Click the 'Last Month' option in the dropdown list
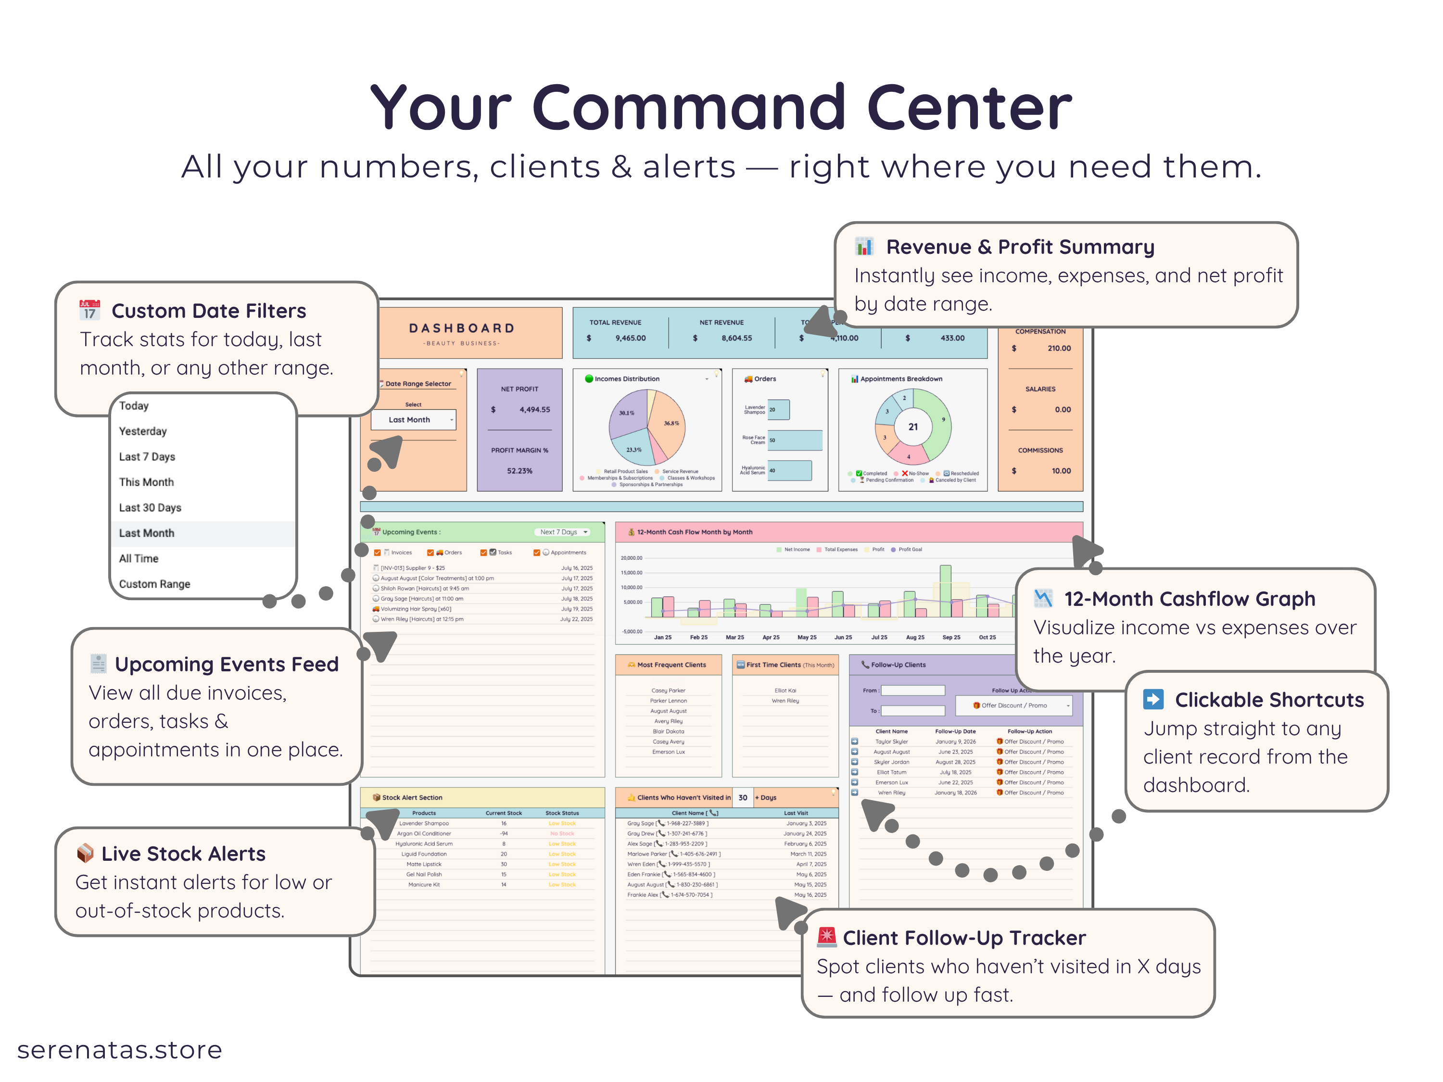(147, 533)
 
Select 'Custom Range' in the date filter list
(154, 584)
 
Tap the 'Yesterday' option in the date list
(143, 431)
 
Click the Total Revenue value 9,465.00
(630, 338)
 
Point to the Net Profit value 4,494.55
(534, 410)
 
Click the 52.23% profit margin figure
(519, 471)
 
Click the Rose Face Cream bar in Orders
(795, 440)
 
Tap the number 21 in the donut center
(912, 427)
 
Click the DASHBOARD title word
(462, 328)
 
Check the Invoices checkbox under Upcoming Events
(378, 553)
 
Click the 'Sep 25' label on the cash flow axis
(951, 637)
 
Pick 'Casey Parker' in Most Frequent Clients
(668, 690)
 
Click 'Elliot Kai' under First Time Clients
(785, 690)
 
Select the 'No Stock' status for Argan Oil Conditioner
(562, 833)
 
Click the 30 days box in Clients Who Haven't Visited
(742, 798)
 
